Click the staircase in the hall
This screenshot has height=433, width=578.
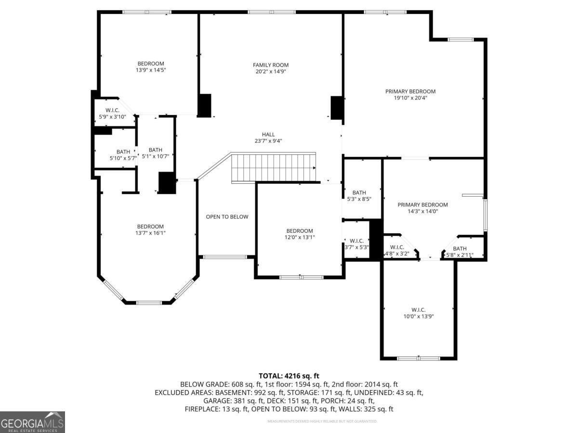click(274, 167)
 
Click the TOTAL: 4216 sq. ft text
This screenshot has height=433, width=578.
click(289, 376)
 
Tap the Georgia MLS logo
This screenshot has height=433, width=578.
click(32, 422)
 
